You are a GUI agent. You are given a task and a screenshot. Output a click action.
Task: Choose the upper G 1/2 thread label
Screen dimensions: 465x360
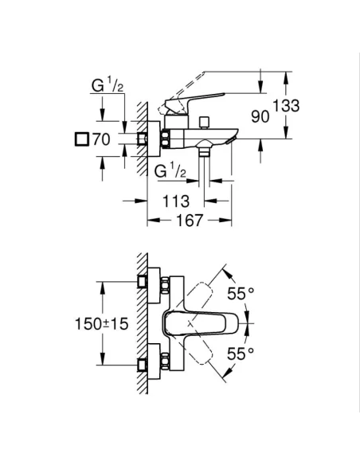point(104,85)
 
